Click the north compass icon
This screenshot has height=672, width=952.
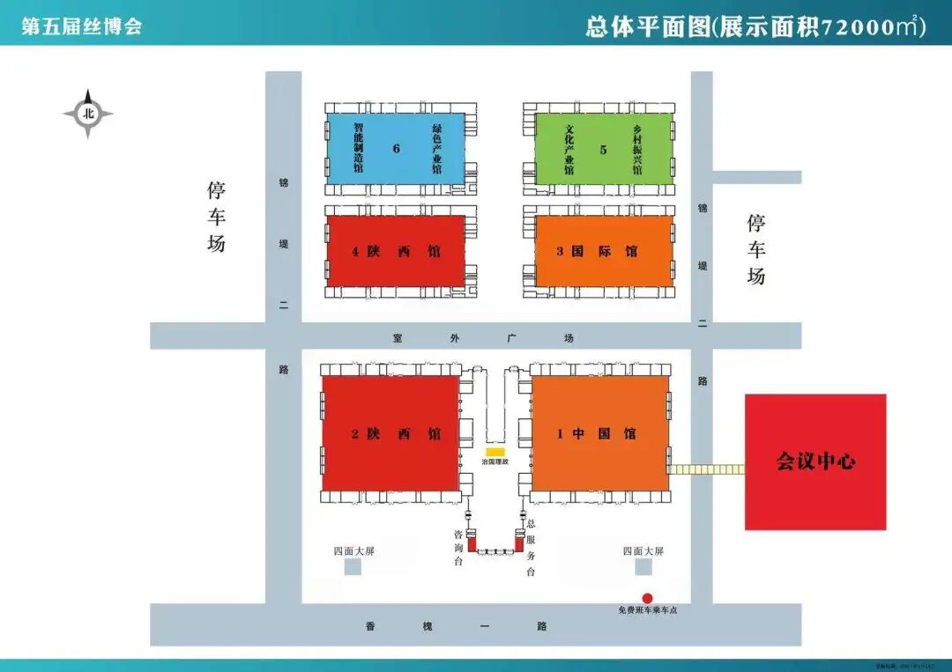88,114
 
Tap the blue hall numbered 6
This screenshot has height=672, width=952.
396,149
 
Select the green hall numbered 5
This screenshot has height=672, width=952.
604,149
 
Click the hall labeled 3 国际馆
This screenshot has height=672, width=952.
604,251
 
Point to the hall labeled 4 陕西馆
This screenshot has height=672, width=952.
396,251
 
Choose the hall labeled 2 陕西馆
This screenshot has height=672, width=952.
390,433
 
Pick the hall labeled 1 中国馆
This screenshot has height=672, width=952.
599,433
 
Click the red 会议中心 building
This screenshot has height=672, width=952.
815,462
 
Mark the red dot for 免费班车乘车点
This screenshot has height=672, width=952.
647,598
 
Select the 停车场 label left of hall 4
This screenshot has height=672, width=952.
217,217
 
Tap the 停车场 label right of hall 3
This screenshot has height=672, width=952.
755,248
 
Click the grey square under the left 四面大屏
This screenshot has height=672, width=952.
353,568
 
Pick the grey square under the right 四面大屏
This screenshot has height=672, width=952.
642,568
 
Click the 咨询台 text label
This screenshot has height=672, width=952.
458,550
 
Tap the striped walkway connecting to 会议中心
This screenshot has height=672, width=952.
705,469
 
